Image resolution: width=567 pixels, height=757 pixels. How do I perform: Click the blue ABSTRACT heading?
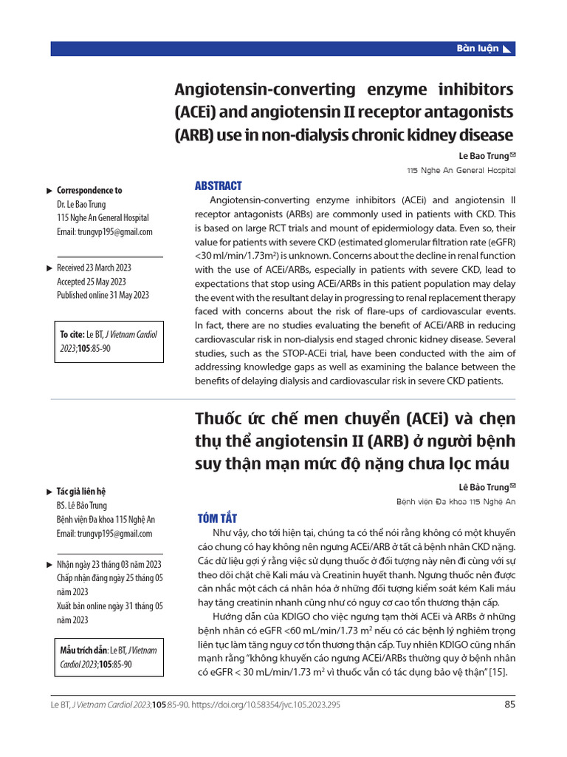(218, 186)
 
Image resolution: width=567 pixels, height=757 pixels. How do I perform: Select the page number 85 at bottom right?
(509, 705)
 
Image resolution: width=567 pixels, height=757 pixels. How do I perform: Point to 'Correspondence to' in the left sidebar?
(89, 190)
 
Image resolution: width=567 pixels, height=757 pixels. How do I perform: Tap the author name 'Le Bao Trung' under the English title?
(484, 156)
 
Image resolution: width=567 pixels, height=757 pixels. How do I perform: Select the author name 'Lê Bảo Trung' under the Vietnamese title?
(484, 486)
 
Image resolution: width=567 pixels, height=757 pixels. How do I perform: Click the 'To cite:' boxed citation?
(109, 342)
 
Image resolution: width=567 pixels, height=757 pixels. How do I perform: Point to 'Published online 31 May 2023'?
(103, 295)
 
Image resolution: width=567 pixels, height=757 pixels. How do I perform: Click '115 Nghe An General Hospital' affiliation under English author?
(461, 170)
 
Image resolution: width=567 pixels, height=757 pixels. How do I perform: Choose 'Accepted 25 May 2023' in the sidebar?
(92, 282)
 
